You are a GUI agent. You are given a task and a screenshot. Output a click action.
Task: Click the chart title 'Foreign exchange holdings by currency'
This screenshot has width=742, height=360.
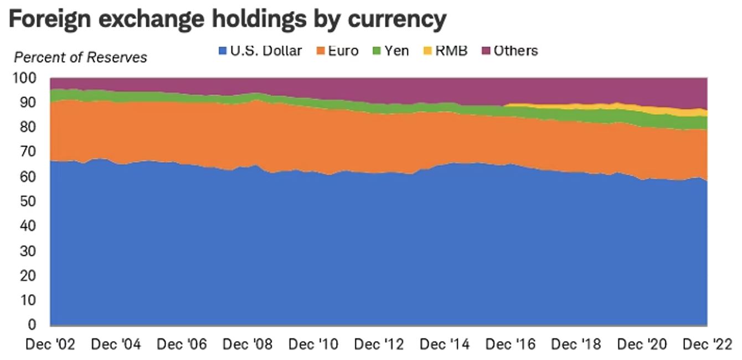227,20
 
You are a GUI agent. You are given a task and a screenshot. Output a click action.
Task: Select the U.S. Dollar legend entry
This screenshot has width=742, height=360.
260,51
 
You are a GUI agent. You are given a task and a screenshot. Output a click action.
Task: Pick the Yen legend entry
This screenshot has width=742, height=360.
391,51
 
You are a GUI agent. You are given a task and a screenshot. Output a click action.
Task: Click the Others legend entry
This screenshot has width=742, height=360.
509,51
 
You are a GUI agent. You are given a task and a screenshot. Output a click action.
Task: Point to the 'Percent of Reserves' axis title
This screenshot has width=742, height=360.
80,58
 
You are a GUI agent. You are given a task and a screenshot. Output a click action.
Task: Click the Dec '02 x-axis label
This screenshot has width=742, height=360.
51,344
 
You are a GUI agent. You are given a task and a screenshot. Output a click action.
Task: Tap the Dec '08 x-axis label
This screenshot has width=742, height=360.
248,344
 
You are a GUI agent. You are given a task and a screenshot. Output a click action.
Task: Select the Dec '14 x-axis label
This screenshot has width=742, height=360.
445,344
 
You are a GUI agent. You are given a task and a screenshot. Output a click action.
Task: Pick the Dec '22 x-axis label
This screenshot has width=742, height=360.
707,344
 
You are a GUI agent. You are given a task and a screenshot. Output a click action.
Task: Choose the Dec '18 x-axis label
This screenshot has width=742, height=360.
576,344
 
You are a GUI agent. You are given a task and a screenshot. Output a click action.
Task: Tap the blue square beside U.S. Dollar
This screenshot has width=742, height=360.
223,52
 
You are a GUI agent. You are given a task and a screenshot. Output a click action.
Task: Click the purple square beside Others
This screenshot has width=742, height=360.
486,52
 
